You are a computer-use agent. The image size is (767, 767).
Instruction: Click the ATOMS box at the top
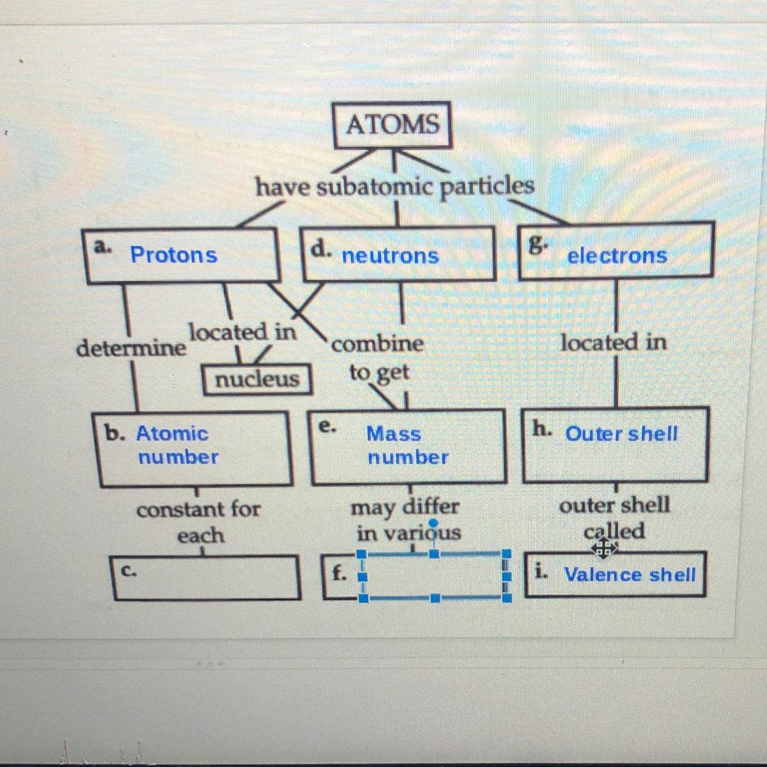[392, 124]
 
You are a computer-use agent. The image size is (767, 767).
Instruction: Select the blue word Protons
[174, 255]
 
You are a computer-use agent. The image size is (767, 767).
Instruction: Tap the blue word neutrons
[390, 256]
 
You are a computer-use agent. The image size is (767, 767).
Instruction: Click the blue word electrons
[617, 256]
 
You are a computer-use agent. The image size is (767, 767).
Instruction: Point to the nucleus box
[257, 379]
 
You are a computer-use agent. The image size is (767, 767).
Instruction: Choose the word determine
[131, 348]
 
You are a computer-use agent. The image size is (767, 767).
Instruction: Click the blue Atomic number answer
[173, 445]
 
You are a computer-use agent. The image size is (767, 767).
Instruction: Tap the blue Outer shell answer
[621, 434]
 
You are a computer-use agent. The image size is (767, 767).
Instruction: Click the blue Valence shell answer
[630, 575]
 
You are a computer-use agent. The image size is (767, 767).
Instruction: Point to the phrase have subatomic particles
[394, 187]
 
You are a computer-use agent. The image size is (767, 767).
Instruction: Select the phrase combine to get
[378, 357]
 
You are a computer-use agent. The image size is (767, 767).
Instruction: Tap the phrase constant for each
[199, 522]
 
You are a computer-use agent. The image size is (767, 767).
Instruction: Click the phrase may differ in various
[407, 519]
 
